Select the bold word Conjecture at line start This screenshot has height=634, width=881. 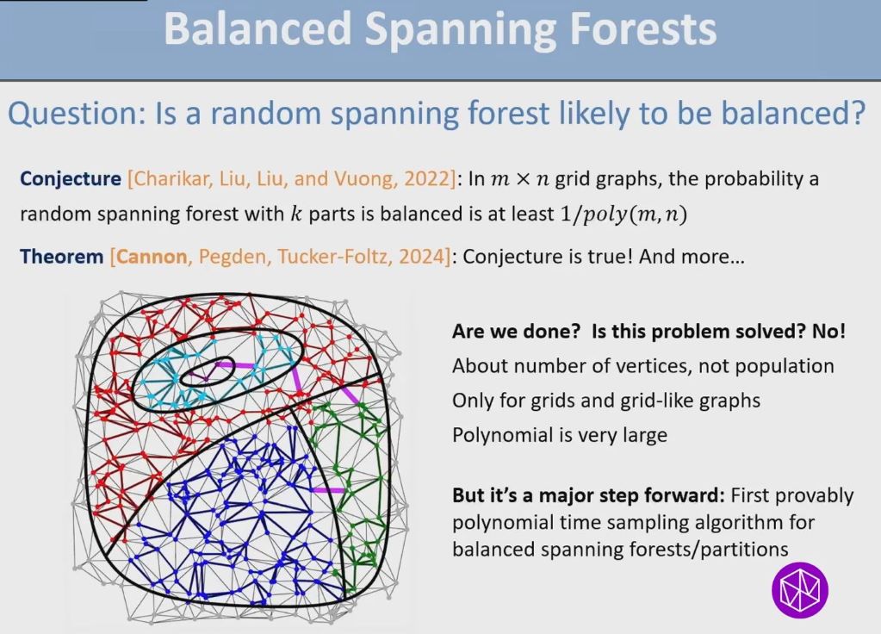coord(71,179)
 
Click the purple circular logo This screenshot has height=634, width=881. coord(798,591)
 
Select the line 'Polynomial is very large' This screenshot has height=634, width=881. coord(559,435)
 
